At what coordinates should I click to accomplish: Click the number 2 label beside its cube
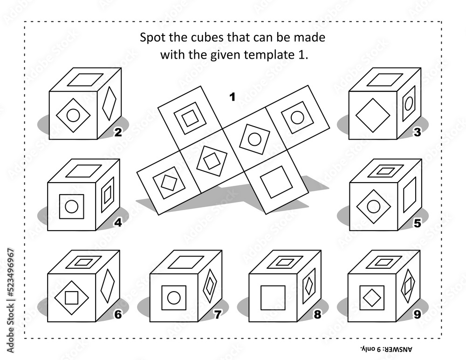tap(118, 132)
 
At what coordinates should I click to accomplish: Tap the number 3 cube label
tap(417, 132)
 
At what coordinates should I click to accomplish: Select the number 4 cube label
tap(118, 223)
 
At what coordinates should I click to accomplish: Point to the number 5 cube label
tap(417, 223)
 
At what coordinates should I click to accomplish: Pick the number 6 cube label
tap(118, 314)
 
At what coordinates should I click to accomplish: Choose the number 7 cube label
tap(218, 314)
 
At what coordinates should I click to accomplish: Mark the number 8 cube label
tap(317, 314)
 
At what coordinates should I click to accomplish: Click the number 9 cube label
tap(417, 314)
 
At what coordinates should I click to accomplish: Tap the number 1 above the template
tap(233, 97)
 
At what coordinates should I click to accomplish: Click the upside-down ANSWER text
tap(387, 349)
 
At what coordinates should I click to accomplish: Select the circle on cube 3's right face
tap(409, 103)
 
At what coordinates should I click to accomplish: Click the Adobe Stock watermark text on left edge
tap(11, 300)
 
